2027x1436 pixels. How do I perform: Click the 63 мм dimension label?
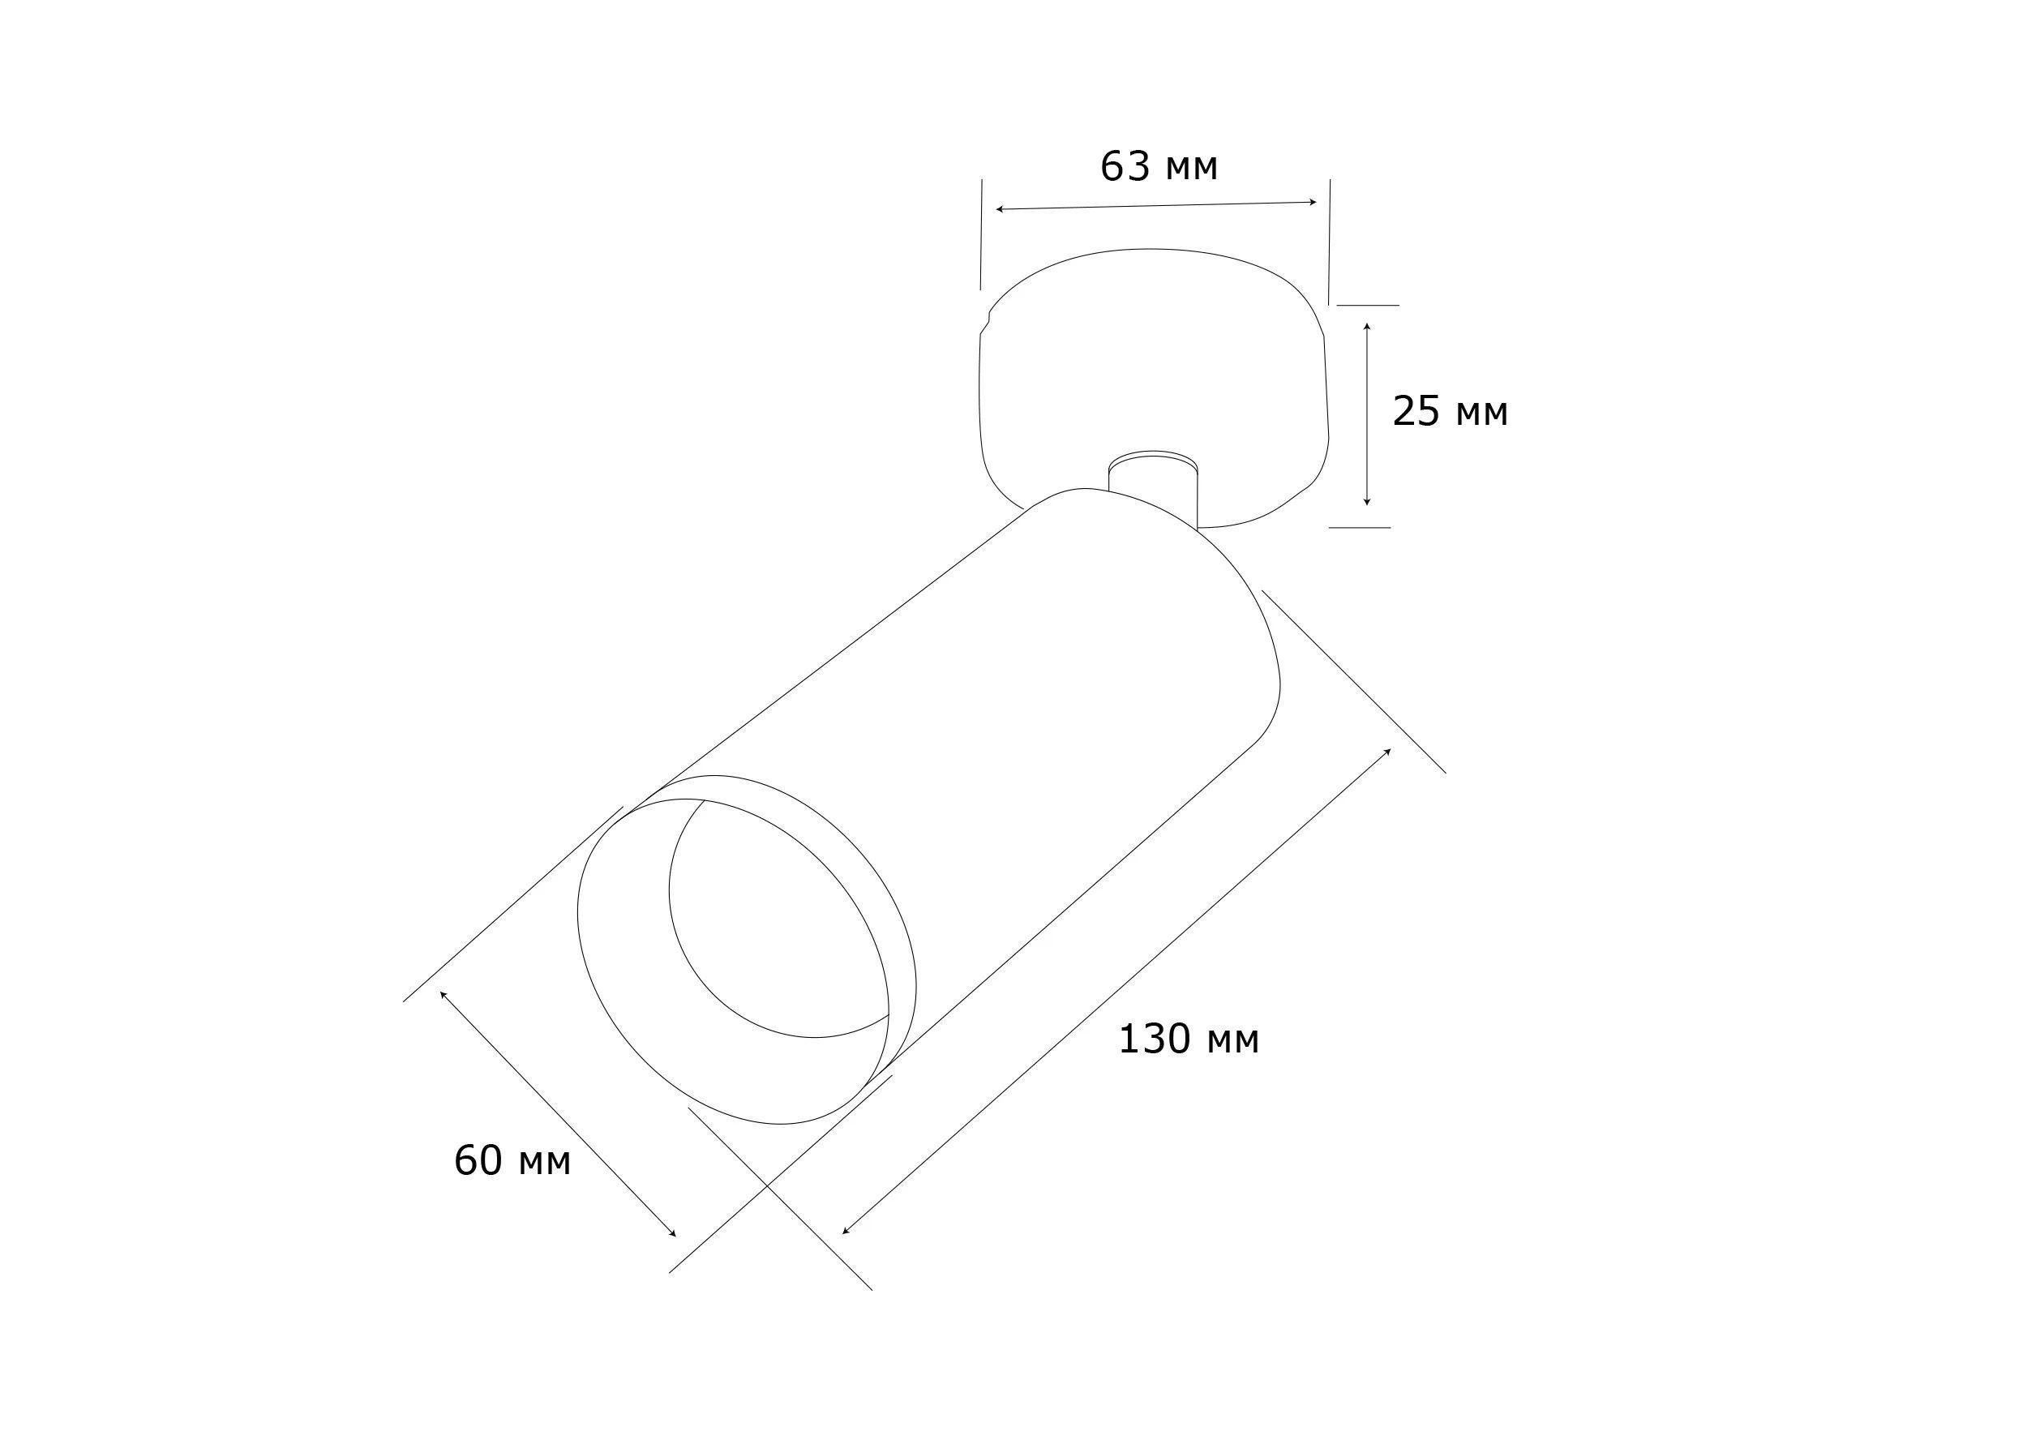pos(1158,166)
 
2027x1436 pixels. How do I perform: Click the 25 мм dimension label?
pos(1450,412)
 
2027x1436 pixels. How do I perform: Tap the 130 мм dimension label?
pos(1188,1039)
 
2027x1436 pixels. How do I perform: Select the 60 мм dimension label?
pos(512,1161)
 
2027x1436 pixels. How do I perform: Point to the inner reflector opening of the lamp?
pos(778,919)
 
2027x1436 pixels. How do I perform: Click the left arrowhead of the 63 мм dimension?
pos(999,209)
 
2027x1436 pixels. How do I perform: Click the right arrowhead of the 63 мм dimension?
pos(1314,203)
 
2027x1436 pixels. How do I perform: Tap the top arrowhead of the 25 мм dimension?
pos(1367,327)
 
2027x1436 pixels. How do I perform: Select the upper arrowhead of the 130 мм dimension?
pos(1388,751)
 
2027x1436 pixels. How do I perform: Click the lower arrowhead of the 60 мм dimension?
pos(673,1233)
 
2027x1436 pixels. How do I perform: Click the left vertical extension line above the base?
pos(981,234)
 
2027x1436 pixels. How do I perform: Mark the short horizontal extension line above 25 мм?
pos(1367,305)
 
